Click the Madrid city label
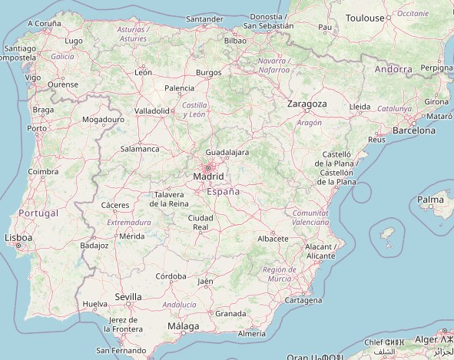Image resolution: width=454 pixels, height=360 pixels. (209, 177)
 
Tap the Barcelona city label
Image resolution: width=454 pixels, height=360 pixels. (414, 130)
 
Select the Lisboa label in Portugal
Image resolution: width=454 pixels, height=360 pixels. (18, 239)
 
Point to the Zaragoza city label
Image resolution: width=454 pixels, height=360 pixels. (307, 104)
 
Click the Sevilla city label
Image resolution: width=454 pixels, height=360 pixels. (128, 296)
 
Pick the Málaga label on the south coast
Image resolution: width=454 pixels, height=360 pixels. (183, 326)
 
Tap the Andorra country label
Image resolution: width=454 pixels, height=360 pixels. (394, 69)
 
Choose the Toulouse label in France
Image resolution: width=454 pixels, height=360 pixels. (365, 18)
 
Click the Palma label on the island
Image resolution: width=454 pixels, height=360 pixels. (430, 200)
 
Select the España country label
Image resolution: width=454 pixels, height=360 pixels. (224, 191)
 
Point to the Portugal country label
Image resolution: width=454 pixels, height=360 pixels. (38, 213)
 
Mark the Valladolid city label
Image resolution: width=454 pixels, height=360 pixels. (152, 111)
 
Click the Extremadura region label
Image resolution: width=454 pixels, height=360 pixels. (129, 223)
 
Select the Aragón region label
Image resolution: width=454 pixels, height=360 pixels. (310, 122)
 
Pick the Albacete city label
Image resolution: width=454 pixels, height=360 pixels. (273, 239)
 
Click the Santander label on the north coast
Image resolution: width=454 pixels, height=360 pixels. (205, 18)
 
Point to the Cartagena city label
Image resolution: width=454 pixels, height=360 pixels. (303, 300)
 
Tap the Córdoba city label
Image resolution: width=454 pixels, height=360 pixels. (171, 276)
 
